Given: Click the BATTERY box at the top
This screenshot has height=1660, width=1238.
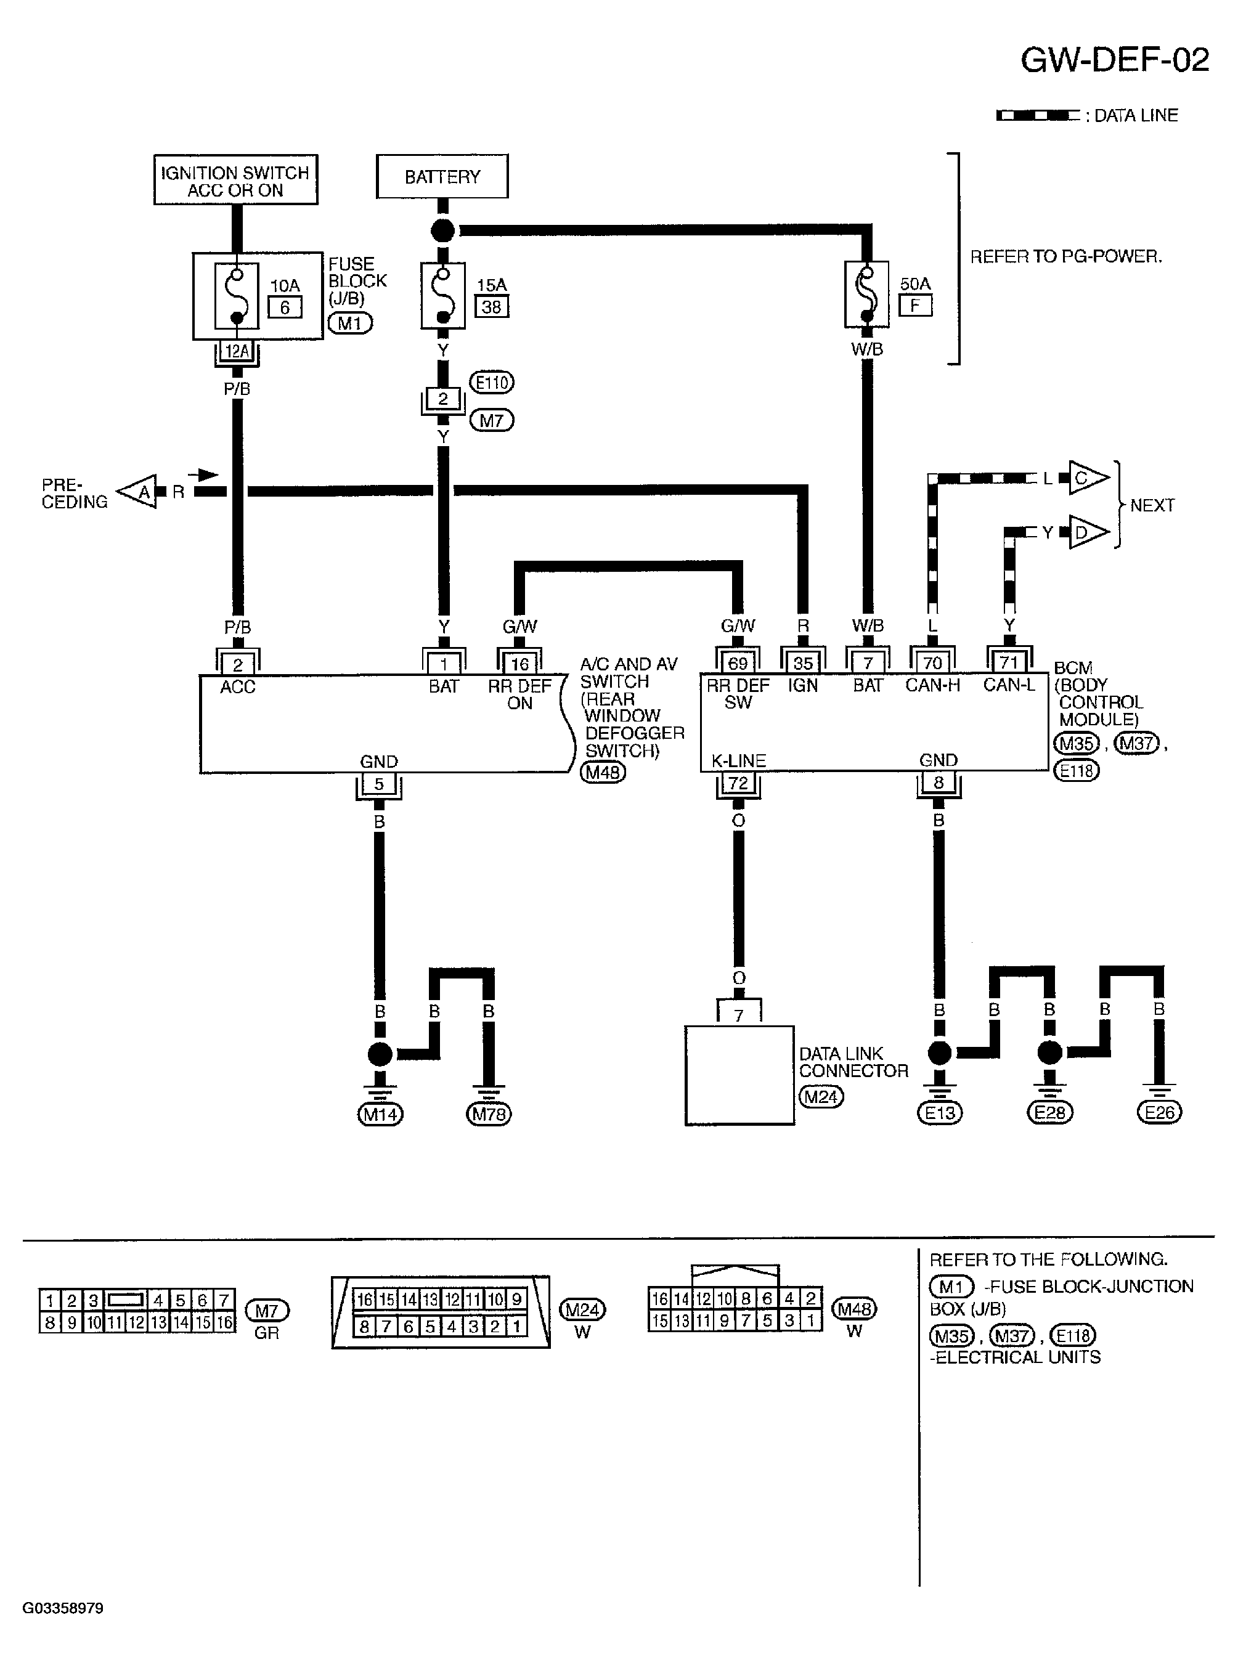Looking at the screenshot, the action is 442,177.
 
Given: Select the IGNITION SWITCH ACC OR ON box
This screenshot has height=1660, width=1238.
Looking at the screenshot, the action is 235,180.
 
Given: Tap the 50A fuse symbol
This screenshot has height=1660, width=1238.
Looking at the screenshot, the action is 866,294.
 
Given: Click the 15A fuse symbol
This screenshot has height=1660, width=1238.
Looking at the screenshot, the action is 443,295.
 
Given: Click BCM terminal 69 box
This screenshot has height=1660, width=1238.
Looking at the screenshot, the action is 738,663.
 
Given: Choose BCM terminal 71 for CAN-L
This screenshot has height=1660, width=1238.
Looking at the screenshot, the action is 1009,663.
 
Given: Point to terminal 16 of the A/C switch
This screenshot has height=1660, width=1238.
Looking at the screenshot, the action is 519,664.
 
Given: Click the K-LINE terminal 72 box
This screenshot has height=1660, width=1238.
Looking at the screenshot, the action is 738,783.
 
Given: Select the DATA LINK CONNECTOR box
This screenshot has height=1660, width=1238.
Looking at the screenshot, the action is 739,1075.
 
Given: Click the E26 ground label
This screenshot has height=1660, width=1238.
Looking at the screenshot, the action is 1159,1113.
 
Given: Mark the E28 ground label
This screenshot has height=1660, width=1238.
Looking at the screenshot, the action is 1050,1113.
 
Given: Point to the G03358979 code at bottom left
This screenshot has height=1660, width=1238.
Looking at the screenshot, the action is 63,1608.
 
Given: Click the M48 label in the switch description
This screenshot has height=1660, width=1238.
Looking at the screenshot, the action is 603,771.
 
